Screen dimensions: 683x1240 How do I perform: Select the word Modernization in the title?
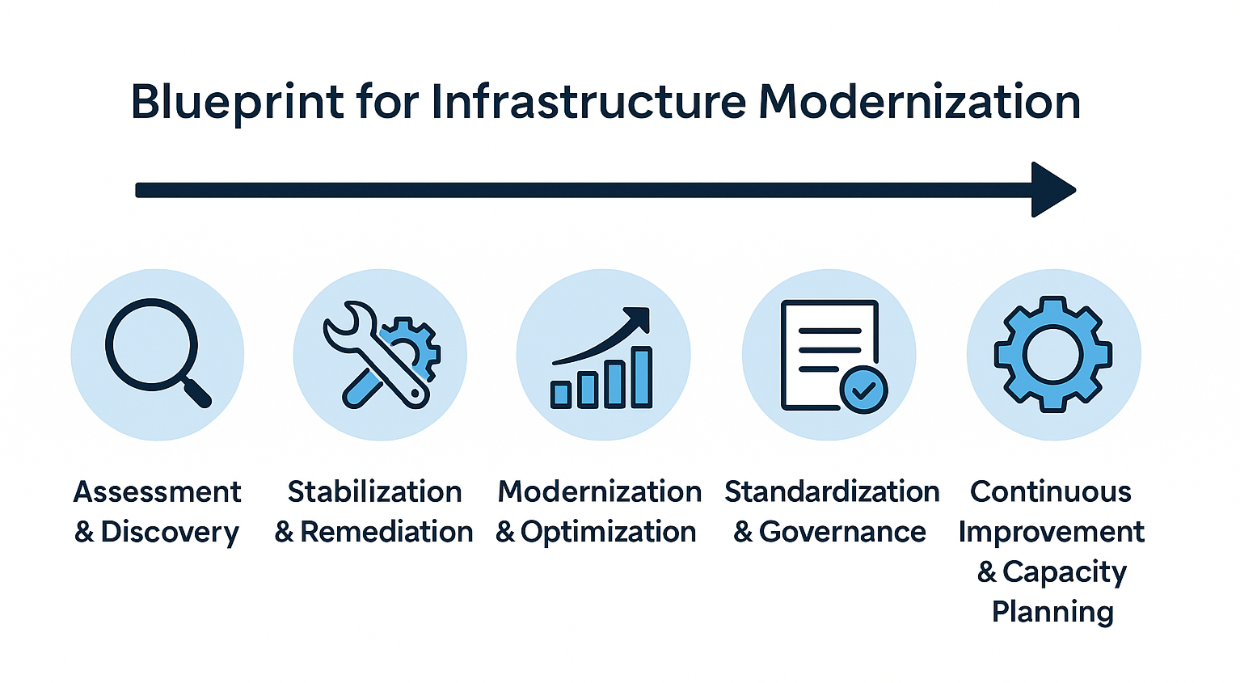[919, 102]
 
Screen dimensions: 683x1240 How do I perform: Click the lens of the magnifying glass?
[151, 343]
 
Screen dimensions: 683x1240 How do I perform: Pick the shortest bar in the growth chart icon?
[561, 394]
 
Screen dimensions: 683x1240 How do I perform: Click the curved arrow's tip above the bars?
[641, 316]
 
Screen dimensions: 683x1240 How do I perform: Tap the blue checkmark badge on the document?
[863, 390]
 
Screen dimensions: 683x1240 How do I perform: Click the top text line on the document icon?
[829, 331]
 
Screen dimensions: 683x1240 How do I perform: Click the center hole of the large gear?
[1052, 354]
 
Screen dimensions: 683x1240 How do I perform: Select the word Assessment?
[158, 491]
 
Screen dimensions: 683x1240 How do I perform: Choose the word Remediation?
[386, 532]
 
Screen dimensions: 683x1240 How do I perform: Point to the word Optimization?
[608, 532]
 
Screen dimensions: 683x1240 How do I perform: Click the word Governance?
[842, 532]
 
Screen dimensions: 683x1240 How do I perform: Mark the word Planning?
[1052, 611]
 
